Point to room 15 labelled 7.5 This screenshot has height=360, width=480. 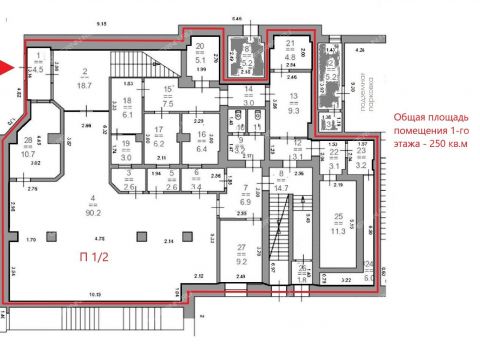tap(168, 96)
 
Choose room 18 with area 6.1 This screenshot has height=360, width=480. tap(127, 108)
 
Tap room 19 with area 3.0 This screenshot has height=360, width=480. tap(126, 151)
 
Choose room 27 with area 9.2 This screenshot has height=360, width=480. tap(241, 255)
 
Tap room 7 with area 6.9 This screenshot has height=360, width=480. tap(246, 196)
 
